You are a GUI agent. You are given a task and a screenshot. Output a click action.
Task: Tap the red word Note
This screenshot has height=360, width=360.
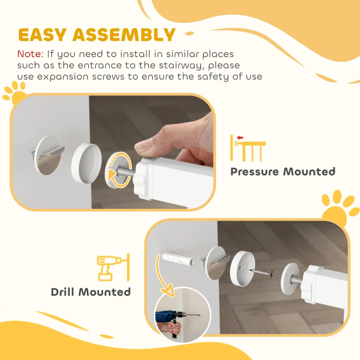30,54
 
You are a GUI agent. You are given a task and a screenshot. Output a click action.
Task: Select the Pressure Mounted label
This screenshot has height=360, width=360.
283,171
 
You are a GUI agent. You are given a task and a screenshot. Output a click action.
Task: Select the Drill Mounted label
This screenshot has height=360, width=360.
90,292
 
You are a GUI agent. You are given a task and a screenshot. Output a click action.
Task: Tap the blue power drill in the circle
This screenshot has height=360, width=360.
168,318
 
